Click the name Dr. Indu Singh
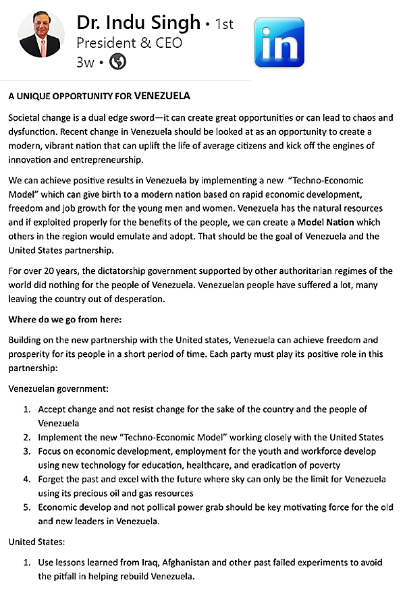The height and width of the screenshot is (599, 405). point(138,23)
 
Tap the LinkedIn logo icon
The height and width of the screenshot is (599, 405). point(279,42)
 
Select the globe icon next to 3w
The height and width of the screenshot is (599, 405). point(117,61)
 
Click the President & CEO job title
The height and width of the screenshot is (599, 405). point(129,42)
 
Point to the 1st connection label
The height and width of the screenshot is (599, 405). point(223,24)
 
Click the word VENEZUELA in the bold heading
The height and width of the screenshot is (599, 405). point(162,96)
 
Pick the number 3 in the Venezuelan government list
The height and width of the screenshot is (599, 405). point(27,451)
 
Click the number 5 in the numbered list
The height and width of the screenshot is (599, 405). point(27,508)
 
